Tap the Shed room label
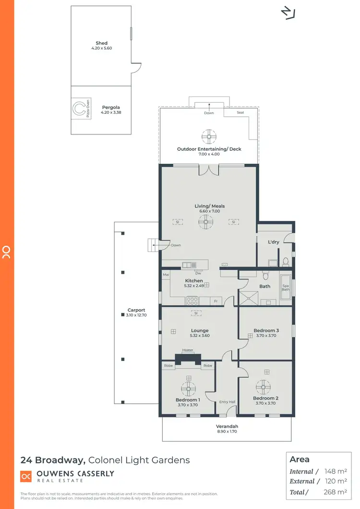tap(101, 43)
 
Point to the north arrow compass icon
tap(288, 13)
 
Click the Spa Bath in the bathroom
tap(286, 287)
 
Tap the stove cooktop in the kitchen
tap(192, 301)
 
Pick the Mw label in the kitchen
tap(166, 275)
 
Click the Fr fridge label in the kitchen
tap(216, 301)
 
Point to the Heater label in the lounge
tap(188, 350)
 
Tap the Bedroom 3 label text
tap(266, 330)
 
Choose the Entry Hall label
tap(227, 402)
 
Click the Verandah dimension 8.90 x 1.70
tap(227, 432)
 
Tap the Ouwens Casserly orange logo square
tap(26, 476)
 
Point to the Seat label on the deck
tap(240, 113)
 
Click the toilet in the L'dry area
tap(285, 262)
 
